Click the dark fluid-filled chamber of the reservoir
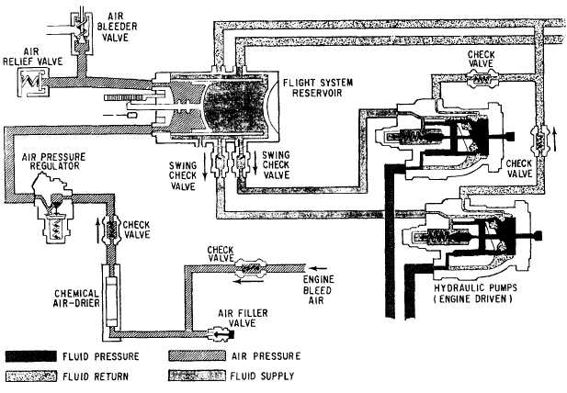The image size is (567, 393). (x=237, y=105)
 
